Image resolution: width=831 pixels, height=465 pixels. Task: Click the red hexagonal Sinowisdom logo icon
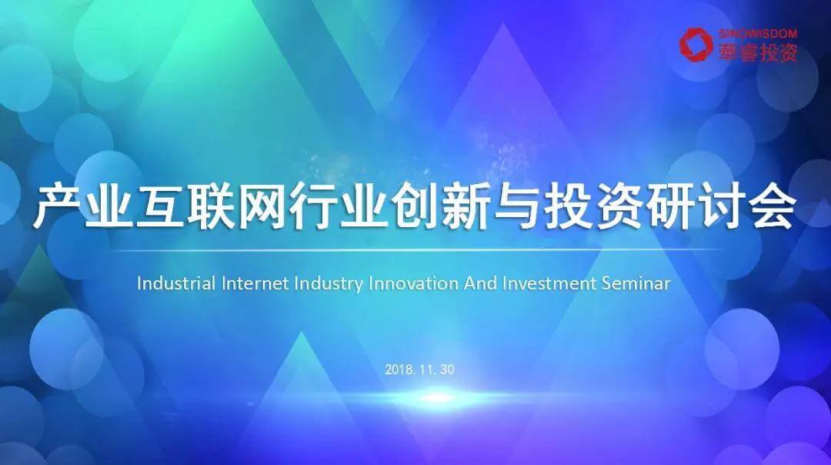pyautogui.click(x=696, y=45)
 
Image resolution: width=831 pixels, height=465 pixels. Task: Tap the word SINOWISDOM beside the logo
pyautogui.click(x=757, y=34)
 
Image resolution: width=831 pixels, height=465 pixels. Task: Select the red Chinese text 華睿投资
pyautogui.click(x=757, y=52)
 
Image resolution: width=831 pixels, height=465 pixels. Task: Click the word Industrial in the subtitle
pyautogui.click(x=176, y=283)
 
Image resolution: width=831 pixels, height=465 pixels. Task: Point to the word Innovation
pyautogui.click(x=413, y=283)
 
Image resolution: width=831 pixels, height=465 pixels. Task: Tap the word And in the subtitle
pyautogui.click(x=481, y=283)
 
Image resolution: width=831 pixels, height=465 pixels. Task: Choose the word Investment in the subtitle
pyautogui.click(x=549, y=283)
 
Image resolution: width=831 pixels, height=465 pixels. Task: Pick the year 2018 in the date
pyautogui.click(x=399, y=370)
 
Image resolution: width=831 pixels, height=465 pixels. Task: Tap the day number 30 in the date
pyautogui.click(x=447, y=370)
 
